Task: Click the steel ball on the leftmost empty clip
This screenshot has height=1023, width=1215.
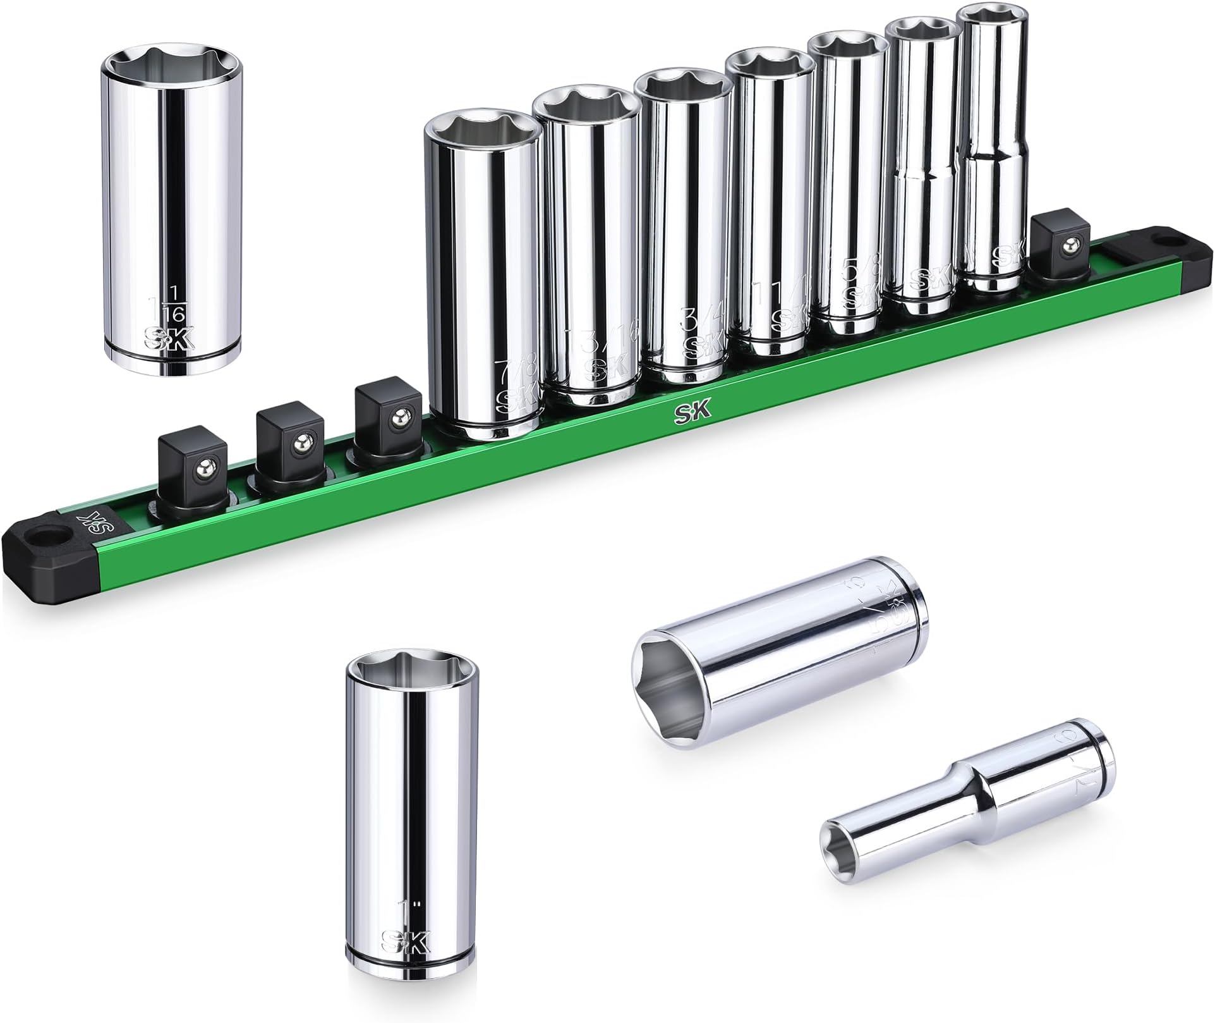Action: pos(203,469)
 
